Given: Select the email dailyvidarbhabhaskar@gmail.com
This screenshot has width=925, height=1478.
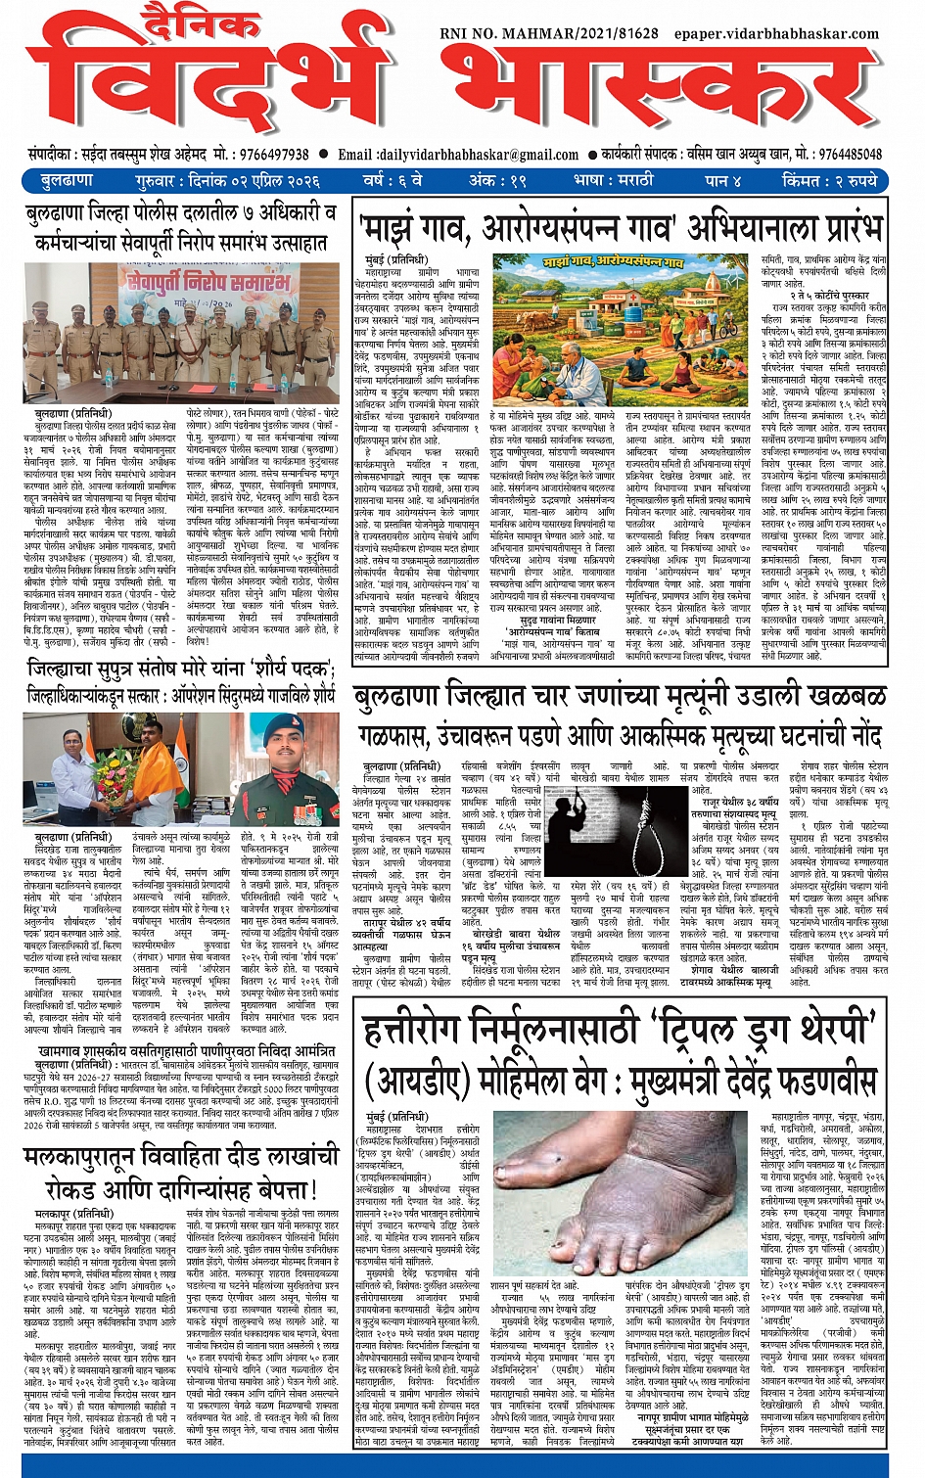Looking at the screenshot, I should pyautogui.click(x=479, y=155).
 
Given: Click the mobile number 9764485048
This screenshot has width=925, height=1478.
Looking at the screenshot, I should pyautogui.click(x=850, y=155).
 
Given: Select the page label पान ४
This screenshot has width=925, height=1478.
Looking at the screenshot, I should pyautogui.click(x=722, y=181).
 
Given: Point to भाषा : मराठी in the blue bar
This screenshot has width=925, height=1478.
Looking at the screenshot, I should pyautogui.click(x=614, y=181).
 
